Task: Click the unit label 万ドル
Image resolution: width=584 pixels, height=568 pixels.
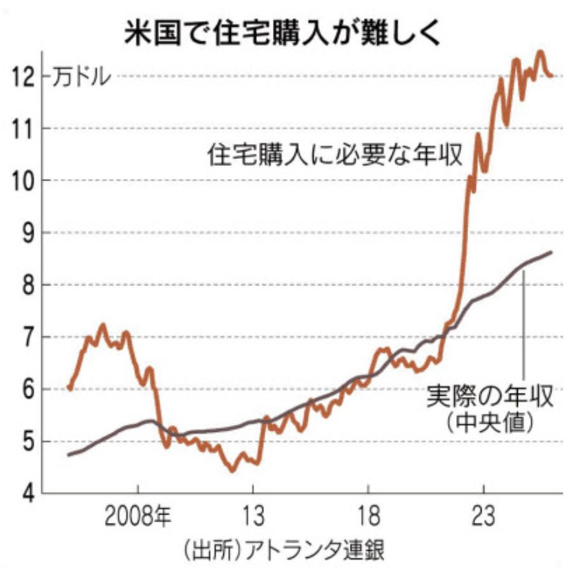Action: click(x=81, y=78)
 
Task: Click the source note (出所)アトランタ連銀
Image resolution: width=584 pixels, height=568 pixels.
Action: click(x=284, y=548)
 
